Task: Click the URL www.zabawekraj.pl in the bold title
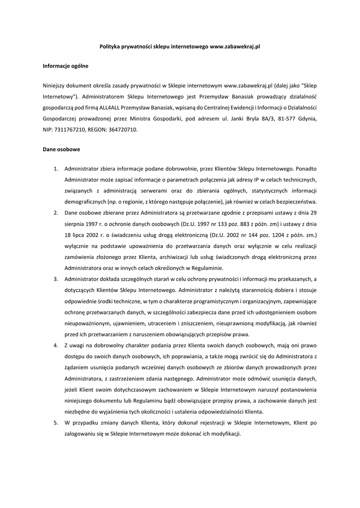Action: click(x=235, y=46)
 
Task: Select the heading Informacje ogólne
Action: click(x=66, y=65)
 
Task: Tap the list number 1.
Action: click(x=56, y=169)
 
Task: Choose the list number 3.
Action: click(x=56, y=279)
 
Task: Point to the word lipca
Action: click(x=80, y=235)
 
